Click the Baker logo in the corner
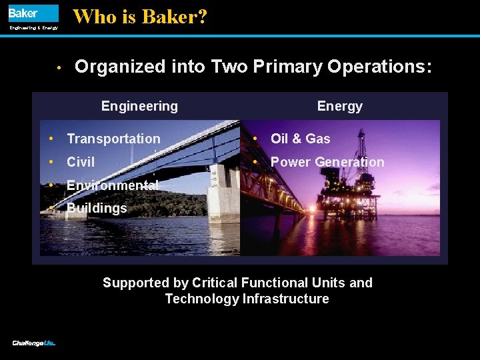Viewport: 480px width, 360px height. [33, 13]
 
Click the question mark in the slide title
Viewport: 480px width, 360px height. [202, 17]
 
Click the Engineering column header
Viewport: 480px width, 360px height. [139, 106]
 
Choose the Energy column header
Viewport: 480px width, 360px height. [339, 106]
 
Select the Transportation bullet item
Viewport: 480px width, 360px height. [113, 139]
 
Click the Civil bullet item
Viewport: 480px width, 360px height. [81, 162]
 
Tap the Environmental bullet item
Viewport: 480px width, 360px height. [112, 185]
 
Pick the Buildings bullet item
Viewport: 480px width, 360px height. [97, 208]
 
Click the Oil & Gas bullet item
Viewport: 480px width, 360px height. [300, 139]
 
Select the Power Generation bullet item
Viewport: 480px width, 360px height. [327, 162]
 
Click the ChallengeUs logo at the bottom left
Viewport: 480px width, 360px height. [33, 343]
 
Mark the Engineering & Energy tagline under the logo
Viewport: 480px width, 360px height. [33, 28]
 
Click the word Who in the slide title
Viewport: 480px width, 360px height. [94, 17]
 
